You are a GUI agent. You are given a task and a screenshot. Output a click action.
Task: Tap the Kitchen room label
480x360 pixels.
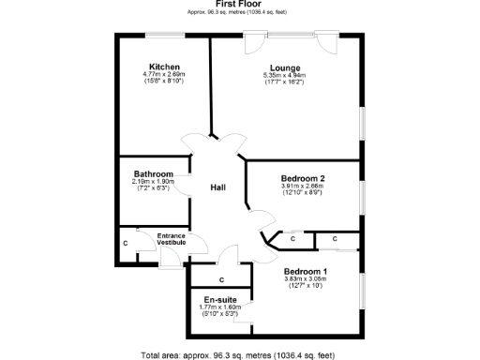(x=162, y=67)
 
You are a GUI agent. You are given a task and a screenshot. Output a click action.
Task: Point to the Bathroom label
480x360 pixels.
(x=153, y=173)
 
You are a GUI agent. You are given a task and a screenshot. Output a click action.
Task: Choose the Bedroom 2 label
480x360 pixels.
(x=303, y=178)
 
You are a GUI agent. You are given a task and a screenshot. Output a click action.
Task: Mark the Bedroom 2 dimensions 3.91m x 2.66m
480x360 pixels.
(x=303, y=186)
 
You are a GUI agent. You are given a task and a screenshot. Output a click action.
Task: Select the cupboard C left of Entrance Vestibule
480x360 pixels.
(x=127, y=244)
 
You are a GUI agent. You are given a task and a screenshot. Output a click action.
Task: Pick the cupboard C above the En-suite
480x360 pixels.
(x=221, y=279)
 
